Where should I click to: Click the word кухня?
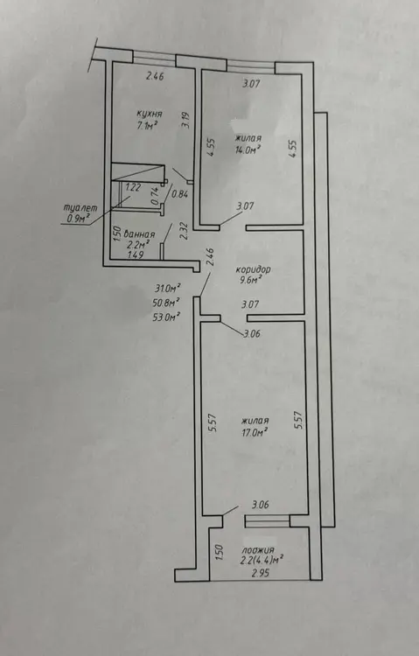[150, 114]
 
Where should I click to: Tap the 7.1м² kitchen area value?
[146, 125]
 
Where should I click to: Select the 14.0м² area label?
[248, 150]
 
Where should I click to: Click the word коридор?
[254, 269]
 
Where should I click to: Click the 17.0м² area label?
[255, 432]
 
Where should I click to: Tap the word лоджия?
[258, 550]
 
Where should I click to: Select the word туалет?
[80, 207]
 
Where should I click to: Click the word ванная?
[140, 234]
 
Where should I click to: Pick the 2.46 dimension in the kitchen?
[155, 76]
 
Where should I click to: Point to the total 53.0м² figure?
[167, 317]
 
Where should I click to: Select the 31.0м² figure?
[167, 288]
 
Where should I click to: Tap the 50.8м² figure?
[167, 302]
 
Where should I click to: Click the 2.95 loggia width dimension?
[261, 573]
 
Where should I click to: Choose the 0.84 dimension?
[180, 193]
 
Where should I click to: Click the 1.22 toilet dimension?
[133, 187]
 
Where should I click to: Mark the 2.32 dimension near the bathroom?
[183, 231]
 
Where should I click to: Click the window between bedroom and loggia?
[267, 521]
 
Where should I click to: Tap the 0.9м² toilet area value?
[78, 218]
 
